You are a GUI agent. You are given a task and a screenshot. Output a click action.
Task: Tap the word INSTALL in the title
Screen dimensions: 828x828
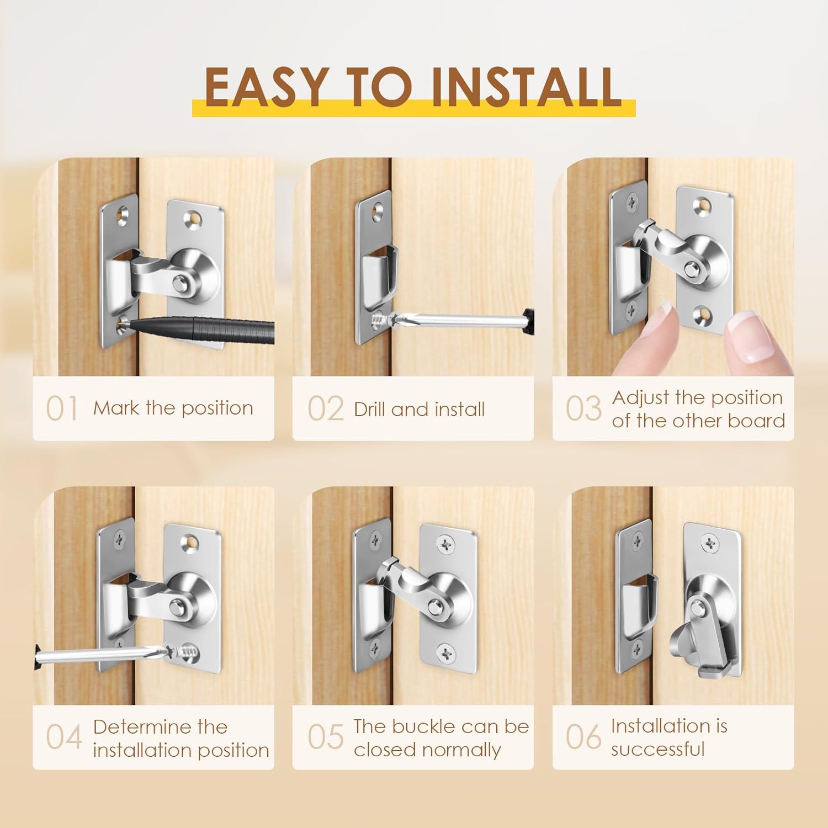pyautogui.click(x=526, y=87)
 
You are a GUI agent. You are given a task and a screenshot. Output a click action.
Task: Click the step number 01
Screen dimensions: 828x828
pyautogui.click(x=62, y=409)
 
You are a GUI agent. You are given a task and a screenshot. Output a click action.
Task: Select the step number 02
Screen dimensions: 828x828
pyautogui.click(x=326, y=409)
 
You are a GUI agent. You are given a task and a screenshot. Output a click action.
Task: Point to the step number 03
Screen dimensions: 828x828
pyautogui.click(x=583, y=408)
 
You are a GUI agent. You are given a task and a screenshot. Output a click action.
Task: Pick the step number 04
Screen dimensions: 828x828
pyautogui.click(x=64, y=737)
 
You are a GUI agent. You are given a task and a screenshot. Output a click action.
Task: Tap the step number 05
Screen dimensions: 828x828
pyautogui.click(x=326, y=737)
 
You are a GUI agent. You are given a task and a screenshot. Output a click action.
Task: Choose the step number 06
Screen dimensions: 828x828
pyautogui.click(x=583, y=737)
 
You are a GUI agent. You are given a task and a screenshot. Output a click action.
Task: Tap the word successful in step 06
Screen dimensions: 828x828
pyautogui.click(x=658, y=749)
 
